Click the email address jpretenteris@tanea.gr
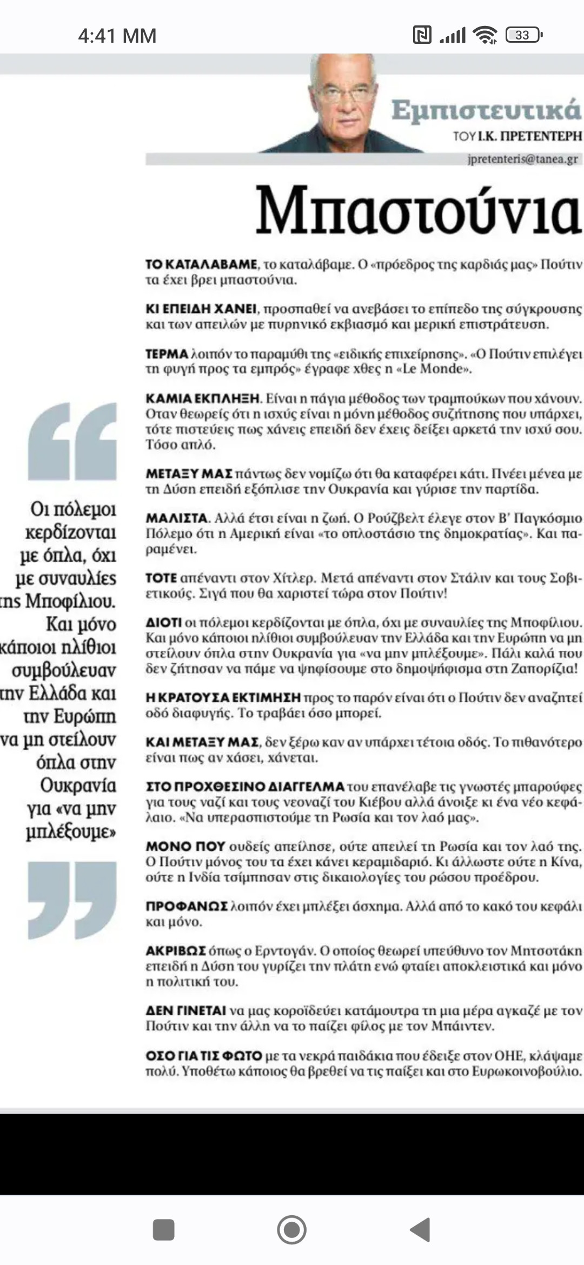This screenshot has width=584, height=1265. click(x=522, y=159)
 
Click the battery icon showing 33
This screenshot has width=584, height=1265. click(x=523, y=35)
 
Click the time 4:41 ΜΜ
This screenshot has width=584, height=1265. click(x=117, y=36)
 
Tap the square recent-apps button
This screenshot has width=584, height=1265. click(x=163, y=1229)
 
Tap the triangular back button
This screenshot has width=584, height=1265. click(x=421, y=1229)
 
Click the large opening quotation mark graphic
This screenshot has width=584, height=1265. click(x=72, y=441)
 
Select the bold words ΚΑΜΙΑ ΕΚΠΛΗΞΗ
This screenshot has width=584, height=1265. click(x=203, y=399)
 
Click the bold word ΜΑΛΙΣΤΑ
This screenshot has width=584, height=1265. click(x=177, y=518)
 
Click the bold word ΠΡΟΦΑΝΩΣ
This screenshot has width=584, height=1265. click(x=187, y=906)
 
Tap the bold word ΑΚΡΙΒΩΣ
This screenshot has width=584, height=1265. click(x=176, y=950)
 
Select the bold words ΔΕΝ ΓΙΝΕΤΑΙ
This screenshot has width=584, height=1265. click(x=186, y=1010)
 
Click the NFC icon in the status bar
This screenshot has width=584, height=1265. click(x=422, y=35)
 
